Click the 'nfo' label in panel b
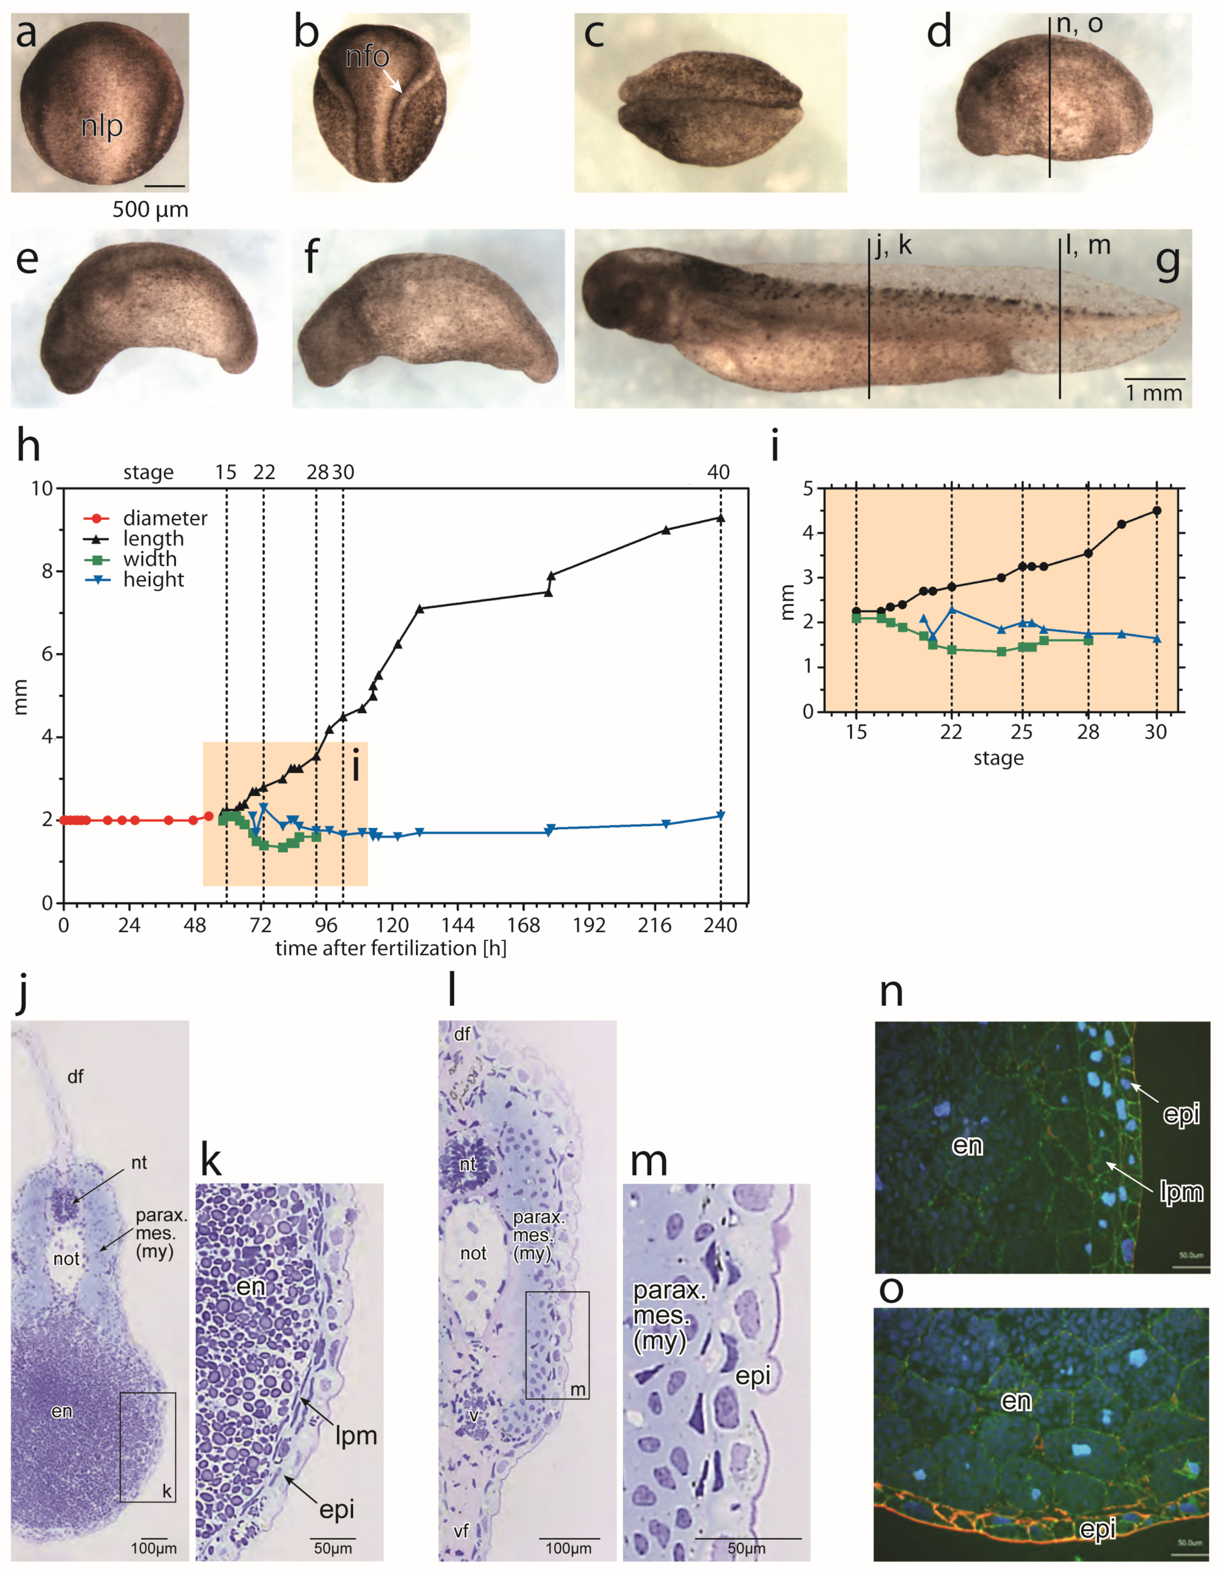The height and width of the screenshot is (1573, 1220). pyautogui.click(x=368, y=57)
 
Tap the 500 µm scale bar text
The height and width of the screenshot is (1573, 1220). pyautogui.click(x=150, y=210)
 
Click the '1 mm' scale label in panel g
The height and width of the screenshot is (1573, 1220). pyautogui.click(x=1154, y=393)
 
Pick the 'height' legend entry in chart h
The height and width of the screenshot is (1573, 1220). pyautogui.click(x=153, y=580)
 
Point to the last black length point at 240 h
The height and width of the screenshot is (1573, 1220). pyautogui.click(x=721, y=518)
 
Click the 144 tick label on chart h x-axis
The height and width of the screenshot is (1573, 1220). pyautogui.click(x=458, y=925)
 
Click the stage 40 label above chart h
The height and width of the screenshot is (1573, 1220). pyautogui.click(x=718, y=472)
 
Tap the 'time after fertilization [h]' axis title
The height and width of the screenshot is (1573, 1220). pyautogui.click(x=391, y=948)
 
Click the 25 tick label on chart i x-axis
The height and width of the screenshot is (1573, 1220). pyautogui.click(x=1021, y=732)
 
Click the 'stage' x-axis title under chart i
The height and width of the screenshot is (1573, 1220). pyautogui.click(x=998, y=758)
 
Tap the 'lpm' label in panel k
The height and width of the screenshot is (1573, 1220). pyautogui.click(x=356, y=1436)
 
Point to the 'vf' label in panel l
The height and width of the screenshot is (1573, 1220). pyautogui.click(x=461, y=1530)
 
